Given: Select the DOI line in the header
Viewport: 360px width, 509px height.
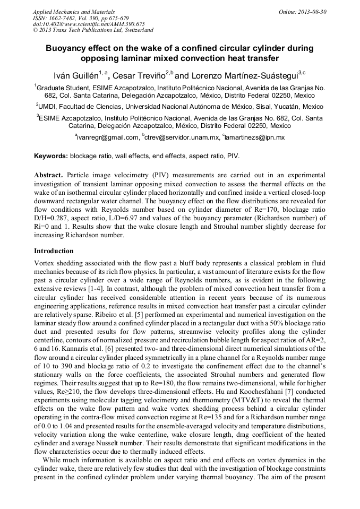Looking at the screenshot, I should click(x=89, y=24).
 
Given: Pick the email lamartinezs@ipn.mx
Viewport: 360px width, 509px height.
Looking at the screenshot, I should click(x=255, y=137).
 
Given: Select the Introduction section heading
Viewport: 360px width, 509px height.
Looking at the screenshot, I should click(x=54, y=251).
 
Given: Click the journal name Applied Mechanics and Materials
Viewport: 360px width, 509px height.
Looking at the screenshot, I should click(x=74, y=11).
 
